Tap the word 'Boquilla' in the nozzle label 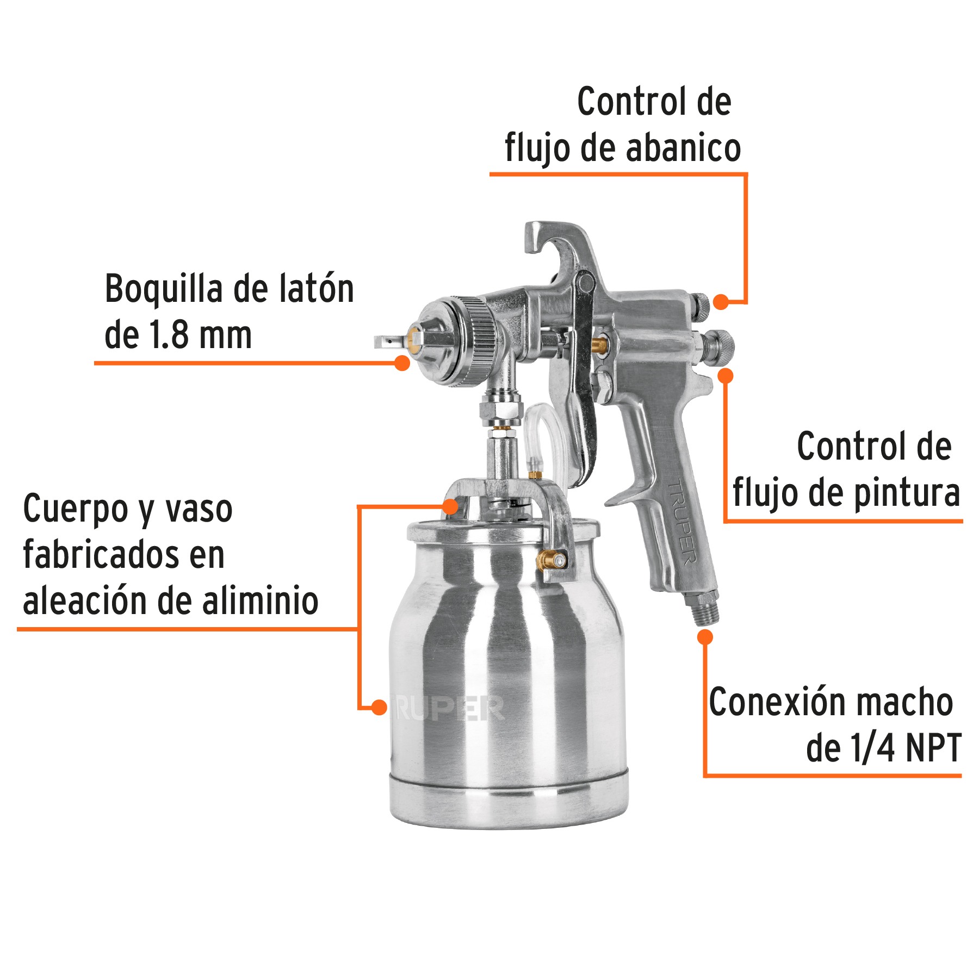[163, 289]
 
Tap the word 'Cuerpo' [76, 509]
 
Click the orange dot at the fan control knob [721, 302]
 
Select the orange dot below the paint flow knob [726, 375]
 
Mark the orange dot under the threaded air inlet [705, 637]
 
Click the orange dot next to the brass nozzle [402, 363]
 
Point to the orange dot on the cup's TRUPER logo [379, 708]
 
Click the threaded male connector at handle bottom [704, 609]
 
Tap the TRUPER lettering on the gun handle [683, 522]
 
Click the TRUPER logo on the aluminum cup [449, 708]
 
